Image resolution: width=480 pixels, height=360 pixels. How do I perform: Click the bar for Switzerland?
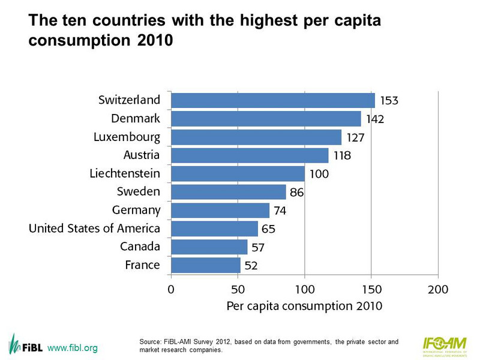tap(273, 100)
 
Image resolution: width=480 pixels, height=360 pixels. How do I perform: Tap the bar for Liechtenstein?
tap(238, 173)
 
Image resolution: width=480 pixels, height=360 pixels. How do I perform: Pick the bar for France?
tap(206, 265)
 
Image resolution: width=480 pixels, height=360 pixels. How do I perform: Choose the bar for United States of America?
tap(214, 229)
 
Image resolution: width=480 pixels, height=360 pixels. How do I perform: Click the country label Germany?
tap(136, 210)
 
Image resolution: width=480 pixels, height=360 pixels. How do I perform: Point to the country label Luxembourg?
tap(127, 137)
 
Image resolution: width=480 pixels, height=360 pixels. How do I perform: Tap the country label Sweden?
tap(139, 191)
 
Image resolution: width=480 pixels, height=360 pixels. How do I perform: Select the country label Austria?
tap(141, 155)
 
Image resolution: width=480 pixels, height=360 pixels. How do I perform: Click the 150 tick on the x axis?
tap(371, 289)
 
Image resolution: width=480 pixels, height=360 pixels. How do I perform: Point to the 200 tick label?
tap(438, 289)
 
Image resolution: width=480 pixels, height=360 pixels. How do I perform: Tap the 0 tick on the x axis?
tap(171, 289)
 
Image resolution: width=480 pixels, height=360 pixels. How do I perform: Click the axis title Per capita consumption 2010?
tap(304, 306)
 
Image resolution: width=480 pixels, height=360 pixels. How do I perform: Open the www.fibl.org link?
tap(72, 349)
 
